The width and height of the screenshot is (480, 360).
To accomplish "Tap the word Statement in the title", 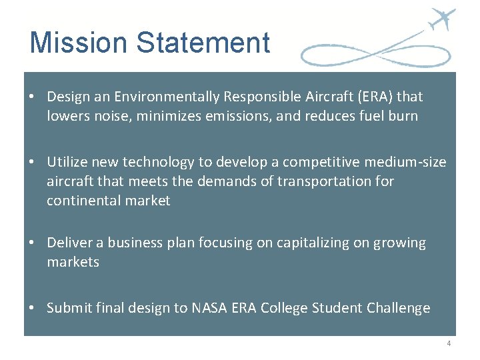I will pyautogui.click(x=203, y=43).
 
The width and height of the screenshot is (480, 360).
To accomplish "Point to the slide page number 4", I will pyautogui.click(x=449, y=343).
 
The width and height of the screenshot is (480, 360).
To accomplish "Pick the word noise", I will pyautogui.click(x=102, y=116).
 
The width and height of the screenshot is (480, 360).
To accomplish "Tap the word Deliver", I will pyautogui.click(x=67, y=243).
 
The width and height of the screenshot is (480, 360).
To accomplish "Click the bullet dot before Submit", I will pyautogui.click(x=32, y=308).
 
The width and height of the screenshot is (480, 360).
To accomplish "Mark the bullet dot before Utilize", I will pyautogui.click(x=32, y=162).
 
